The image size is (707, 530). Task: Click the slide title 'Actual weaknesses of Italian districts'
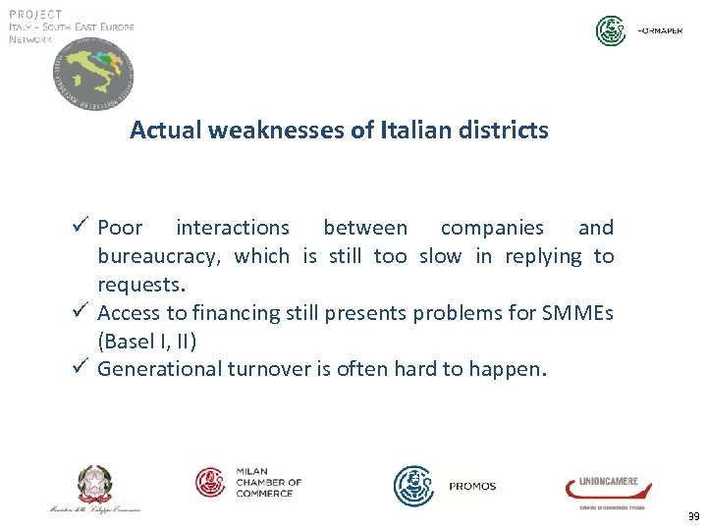click(x=339, y=130)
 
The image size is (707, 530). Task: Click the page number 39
click(x=693, y=516)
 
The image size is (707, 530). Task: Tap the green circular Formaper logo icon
click(x=611, y=30)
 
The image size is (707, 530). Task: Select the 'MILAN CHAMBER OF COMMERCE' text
click(x=268, y=482)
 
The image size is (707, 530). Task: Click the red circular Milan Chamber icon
click(x=211, y=482)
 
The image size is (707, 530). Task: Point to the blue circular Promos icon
click(x=413, y=486)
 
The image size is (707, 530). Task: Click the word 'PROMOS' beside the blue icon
click(x=472, y=487)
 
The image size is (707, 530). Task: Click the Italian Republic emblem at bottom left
click(x=95, y=485)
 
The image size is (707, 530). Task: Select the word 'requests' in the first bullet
click(x=138, y=286)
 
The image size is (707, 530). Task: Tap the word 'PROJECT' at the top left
click(x=35, y=14)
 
